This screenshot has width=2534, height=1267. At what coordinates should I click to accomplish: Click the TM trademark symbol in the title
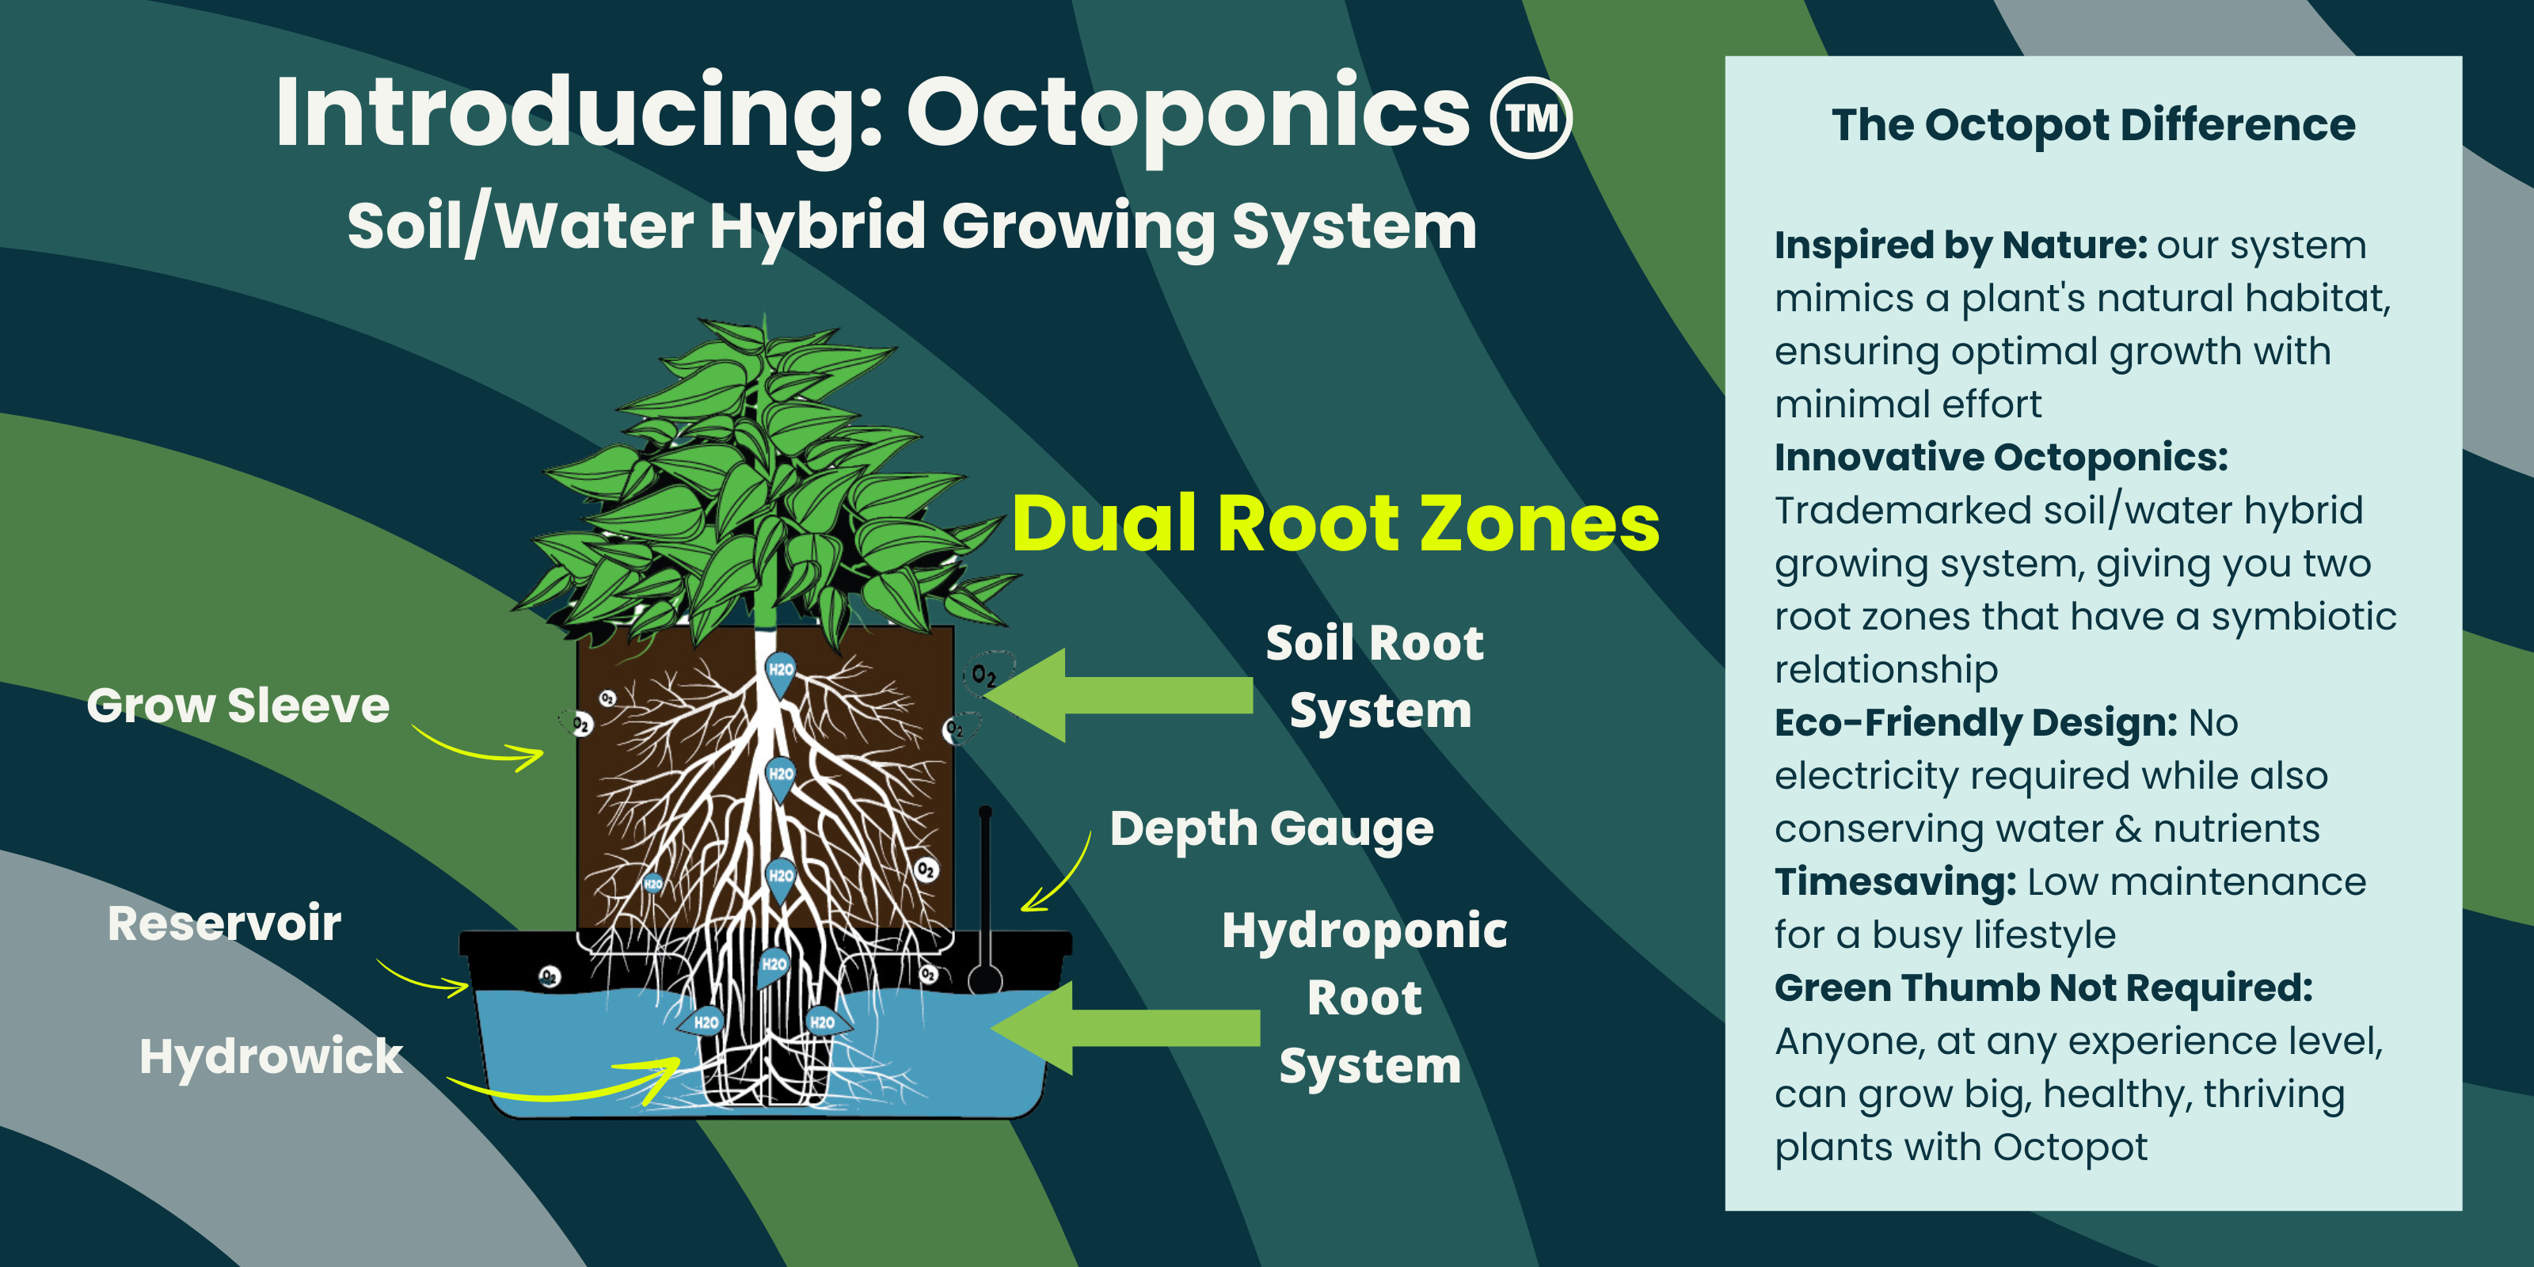[1531, 118]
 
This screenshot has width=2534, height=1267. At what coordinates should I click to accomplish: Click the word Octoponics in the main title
[1189, 115]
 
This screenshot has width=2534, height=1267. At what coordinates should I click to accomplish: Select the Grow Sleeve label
[238, 706]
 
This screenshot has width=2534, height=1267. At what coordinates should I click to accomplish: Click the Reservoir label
[224, 923]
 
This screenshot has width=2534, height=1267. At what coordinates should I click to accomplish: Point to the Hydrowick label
[272, 1056]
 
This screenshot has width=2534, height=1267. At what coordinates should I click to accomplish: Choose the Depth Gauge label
[1272, 829]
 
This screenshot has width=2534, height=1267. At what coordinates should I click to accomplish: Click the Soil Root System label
[1375, 677]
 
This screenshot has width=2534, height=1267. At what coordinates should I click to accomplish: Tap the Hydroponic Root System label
[1365, 998]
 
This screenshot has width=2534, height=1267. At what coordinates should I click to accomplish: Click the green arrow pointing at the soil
[1117, 694]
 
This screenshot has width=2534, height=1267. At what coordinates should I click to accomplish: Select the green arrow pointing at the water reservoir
[1125, 1027]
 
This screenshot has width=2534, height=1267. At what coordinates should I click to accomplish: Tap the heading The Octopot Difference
[2093, 125]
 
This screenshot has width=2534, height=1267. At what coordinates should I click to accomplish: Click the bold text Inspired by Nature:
[1961, 244]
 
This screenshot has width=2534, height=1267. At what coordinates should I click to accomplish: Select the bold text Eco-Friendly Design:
[1977, 722]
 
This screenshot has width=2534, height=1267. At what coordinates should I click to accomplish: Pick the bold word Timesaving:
[1896, 881]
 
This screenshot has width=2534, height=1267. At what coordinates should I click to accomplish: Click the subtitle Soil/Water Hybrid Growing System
[912, 226]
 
